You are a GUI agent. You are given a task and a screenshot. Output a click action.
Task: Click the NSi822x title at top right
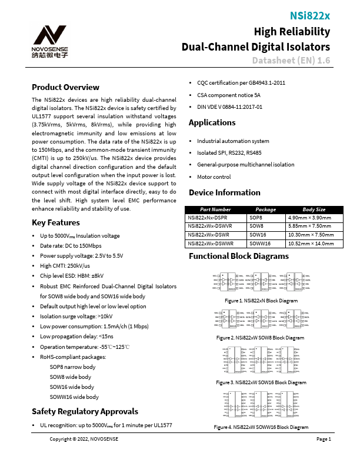310,16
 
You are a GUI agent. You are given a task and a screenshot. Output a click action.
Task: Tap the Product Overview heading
66,87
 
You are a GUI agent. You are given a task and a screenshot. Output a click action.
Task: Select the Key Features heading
55,222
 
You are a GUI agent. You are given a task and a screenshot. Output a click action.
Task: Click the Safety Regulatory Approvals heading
85,411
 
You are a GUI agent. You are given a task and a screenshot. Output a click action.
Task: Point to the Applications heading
212,123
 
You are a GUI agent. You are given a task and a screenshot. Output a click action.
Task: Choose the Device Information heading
224,192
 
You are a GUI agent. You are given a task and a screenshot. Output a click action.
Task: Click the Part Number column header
215,209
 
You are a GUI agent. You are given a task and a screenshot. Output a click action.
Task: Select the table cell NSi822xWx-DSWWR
211,242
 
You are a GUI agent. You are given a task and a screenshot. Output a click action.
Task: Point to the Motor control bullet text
214,177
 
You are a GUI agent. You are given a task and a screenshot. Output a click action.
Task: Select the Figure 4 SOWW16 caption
253,426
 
